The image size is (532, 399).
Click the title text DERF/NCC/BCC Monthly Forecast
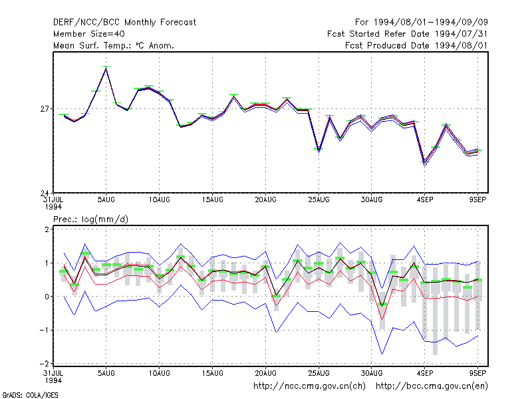(x=124, y=23)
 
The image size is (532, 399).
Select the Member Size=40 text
(x=89, y=34)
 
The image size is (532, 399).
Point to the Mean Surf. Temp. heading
(x=113, y=45)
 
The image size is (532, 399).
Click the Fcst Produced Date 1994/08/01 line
(x=416, y=45)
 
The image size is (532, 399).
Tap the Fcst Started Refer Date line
(x=408, y=34)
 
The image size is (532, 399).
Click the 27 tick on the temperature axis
(x=45, y=109)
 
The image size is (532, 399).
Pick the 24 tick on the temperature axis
(x=45, y=193)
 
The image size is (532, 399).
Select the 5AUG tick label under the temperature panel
(x=106, y=200)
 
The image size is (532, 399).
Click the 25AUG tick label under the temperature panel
(x=319, y=200)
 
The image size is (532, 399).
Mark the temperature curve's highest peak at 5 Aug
(x=106, y=68)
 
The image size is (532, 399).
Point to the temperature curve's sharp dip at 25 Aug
(x=319, y=150)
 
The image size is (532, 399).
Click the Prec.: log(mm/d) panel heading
(x=90, y=219)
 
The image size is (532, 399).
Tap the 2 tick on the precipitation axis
(x=47, y=229)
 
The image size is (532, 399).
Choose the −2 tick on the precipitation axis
(x=45, y=363)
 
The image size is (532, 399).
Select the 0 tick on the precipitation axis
(x=47, y=297)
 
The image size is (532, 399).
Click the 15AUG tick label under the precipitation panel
(x=212, y=373)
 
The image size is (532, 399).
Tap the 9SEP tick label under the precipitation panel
(x=477, y=373)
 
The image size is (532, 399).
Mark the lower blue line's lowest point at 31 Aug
(x=382, y=354)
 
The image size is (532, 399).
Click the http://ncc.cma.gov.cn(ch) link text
(x=309, y=386)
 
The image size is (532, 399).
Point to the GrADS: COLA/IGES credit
(x=30, y=395)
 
